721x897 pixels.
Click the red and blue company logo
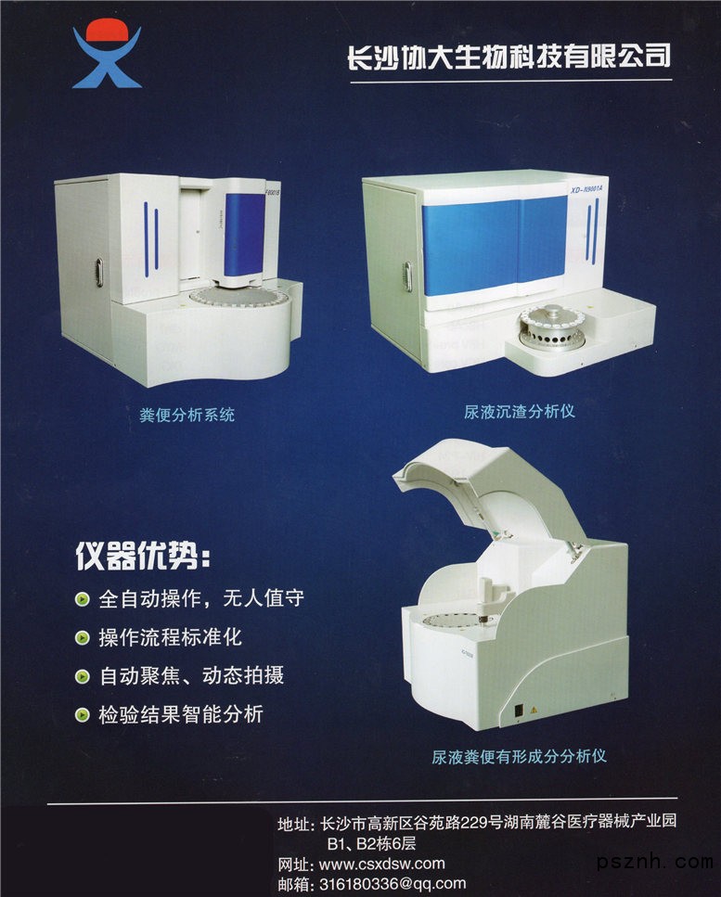click(107, 53)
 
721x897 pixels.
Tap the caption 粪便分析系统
click(187, 414)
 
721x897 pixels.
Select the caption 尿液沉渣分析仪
click(519, 411)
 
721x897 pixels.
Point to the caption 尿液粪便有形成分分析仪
click(519, 756)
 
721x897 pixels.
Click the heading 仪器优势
click(143, 556)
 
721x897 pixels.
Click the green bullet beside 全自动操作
click(83, 599)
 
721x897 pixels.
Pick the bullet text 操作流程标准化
click(171, 637)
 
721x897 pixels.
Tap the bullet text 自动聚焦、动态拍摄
click(192, 675)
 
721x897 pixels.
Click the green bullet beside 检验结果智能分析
click(83, 714)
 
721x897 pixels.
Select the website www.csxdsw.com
click(381, 864)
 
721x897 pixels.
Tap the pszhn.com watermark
click(655, 861)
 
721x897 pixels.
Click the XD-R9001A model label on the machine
click(586, 187)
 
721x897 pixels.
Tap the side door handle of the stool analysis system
click(99, 272)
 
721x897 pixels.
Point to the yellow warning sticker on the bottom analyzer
click(534, 710)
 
